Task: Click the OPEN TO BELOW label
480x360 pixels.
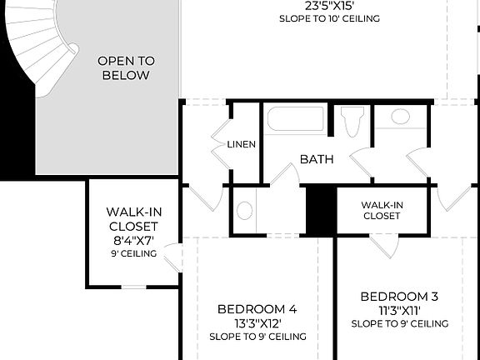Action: pos(126,68)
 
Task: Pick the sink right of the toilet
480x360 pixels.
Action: pos(400,117)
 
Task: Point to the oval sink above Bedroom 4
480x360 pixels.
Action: pos(244,210)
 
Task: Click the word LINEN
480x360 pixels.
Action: pos(241,144)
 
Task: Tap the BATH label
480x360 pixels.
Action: pos(317,158)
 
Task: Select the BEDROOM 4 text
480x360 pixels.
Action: pos(257,308)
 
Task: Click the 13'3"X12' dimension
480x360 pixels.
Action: pos(257,322)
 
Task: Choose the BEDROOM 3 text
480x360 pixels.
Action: pos(399,296)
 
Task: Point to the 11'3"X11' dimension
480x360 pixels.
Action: pos(399,310)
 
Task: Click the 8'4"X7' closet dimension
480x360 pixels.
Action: pos(132,240)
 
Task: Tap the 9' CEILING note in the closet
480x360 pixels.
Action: pos(132,253)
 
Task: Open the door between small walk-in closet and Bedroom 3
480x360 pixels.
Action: pos(382,245)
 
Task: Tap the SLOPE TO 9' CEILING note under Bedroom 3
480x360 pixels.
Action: pos(399,323)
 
